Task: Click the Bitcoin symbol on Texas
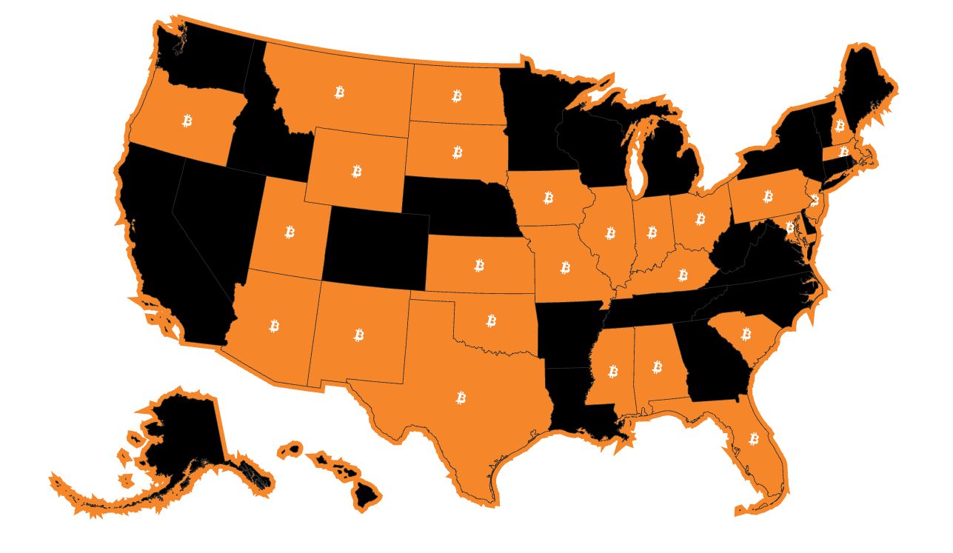click(461, 398)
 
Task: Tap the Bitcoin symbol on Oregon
click(187, 120)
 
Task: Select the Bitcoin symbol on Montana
click(340, 92)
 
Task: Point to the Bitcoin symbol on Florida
click(754, 439)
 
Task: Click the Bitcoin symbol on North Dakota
click(457, 95)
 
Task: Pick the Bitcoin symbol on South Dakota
click(458, 153)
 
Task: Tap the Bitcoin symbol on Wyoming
click(357, 172)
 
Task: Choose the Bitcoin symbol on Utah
click(290, 232)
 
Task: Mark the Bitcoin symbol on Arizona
click(274, 326)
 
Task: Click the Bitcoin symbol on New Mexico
click(359, 335)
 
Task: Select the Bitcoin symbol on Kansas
click(479, 265)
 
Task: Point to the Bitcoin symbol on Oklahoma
click(491, 321)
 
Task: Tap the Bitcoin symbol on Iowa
click(549, 198)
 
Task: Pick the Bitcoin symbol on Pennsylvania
click(768, 196)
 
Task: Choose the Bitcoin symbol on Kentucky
click(683, 275)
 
